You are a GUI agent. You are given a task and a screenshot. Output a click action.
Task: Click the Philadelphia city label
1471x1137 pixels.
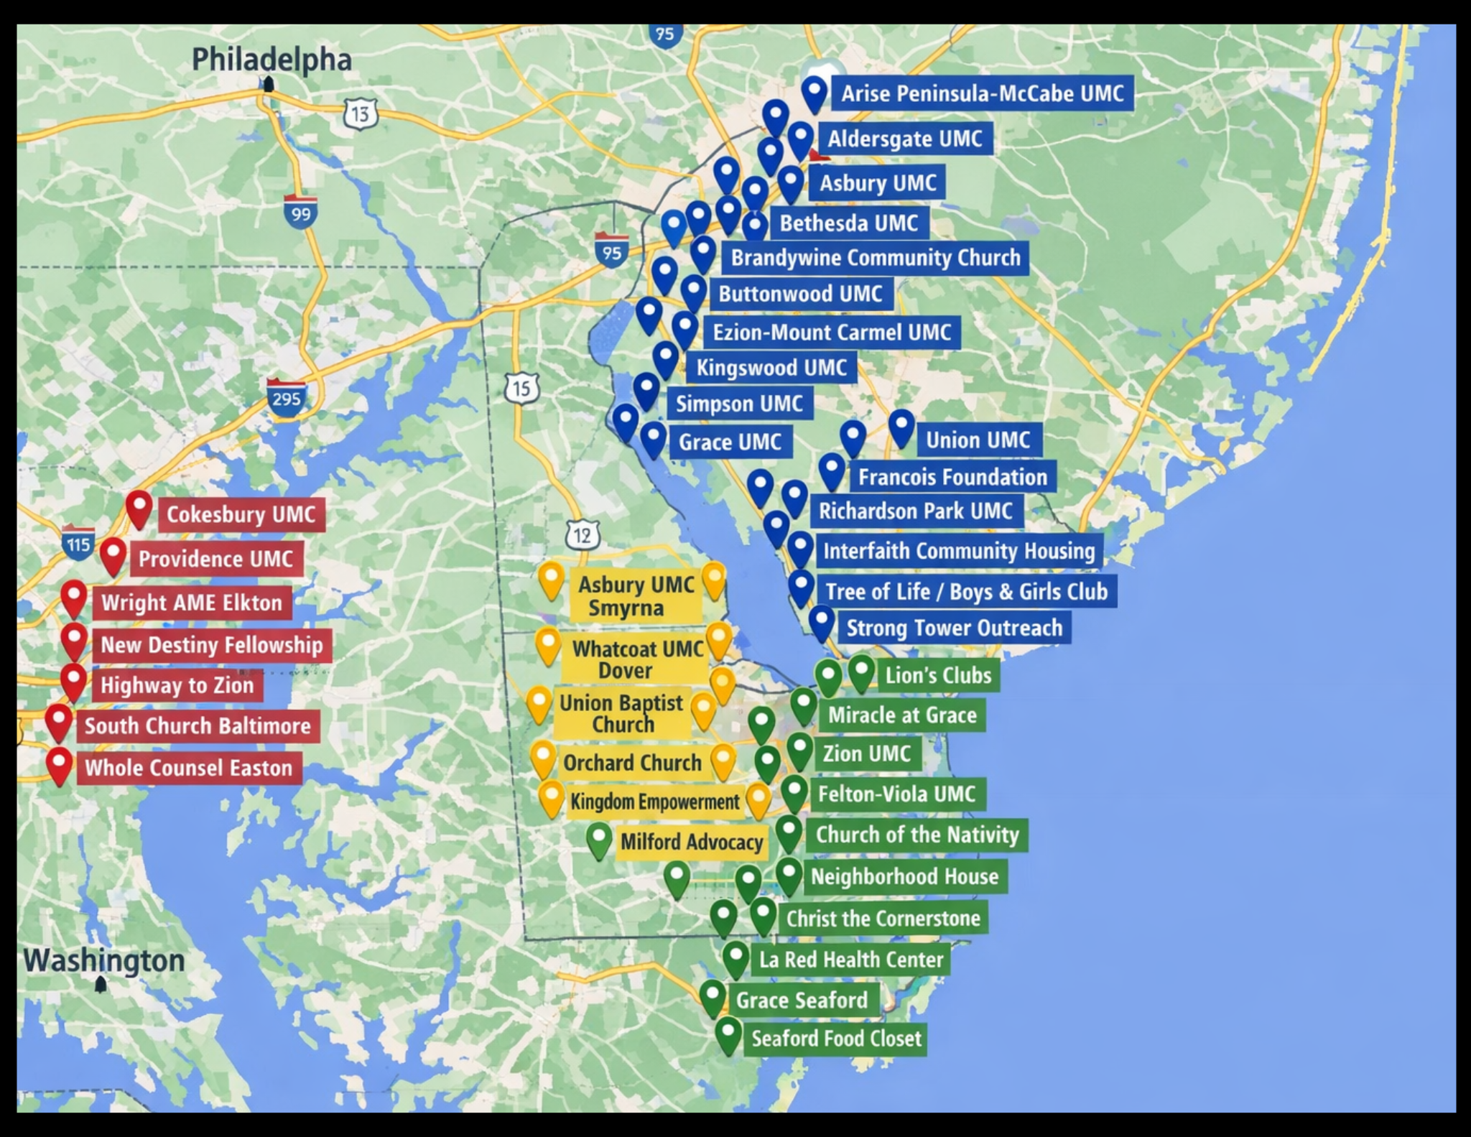click(x=272, y=60)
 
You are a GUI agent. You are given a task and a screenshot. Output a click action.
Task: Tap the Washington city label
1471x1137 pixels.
click(x=104, y=960)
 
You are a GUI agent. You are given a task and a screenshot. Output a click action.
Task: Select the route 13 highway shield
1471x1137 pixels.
click(x=360, y=113)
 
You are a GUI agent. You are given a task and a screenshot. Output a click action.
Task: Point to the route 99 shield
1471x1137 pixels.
click(x=300, y=213)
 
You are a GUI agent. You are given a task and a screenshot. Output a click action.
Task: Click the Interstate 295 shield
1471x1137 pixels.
click(x=286, y=396)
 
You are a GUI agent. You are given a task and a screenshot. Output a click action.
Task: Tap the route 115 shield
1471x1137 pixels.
click(x=78, y=544)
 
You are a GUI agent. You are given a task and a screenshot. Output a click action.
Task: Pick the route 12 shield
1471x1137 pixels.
click(x=582, y=535)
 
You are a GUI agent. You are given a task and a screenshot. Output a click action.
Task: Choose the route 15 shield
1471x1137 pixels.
click(x=521, y=389)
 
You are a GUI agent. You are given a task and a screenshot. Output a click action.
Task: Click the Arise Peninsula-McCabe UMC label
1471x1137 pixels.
click(x=982, y=93)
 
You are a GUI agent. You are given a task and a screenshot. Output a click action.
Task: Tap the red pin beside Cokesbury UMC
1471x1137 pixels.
click(x=139, y=508)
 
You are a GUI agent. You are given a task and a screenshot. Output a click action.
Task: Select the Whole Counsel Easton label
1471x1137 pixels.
click(x=189, y=768)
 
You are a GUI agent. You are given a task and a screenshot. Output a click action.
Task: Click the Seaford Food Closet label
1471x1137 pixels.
click(x=835, y=1039)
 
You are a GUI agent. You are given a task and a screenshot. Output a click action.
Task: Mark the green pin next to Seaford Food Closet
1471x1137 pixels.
click(x=728, y=1034)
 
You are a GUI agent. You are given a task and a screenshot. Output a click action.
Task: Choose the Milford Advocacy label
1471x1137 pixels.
click(x=691, y=842)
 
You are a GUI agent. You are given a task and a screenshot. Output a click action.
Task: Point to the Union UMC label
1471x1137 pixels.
click(x=978, y=440)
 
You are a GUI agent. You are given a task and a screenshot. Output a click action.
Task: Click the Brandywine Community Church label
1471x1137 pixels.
click(x=875, y=257)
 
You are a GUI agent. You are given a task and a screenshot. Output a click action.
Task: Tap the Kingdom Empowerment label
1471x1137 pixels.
click(x=654, y=802)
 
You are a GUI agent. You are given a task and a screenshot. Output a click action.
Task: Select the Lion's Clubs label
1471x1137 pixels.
click(x=937, y=675)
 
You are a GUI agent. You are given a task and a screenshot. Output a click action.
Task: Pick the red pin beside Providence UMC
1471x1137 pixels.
click(x=113, y=554)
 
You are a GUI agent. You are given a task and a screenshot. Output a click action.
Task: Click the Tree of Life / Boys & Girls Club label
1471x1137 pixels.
click(x=966, y=591)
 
